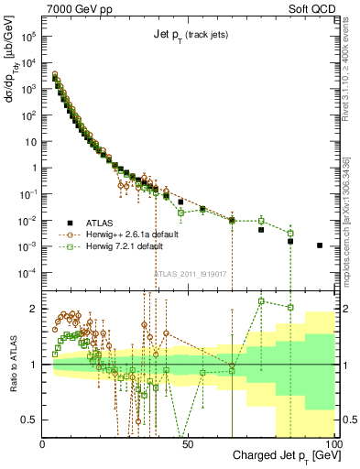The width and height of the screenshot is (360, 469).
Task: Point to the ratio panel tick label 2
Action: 34,309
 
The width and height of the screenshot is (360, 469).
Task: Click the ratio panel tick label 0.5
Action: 29,420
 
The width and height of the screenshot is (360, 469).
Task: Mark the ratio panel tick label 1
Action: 34,365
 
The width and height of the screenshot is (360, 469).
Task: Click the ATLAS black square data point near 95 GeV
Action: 319,245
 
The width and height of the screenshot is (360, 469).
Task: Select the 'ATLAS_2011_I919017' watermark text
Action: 190,273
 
